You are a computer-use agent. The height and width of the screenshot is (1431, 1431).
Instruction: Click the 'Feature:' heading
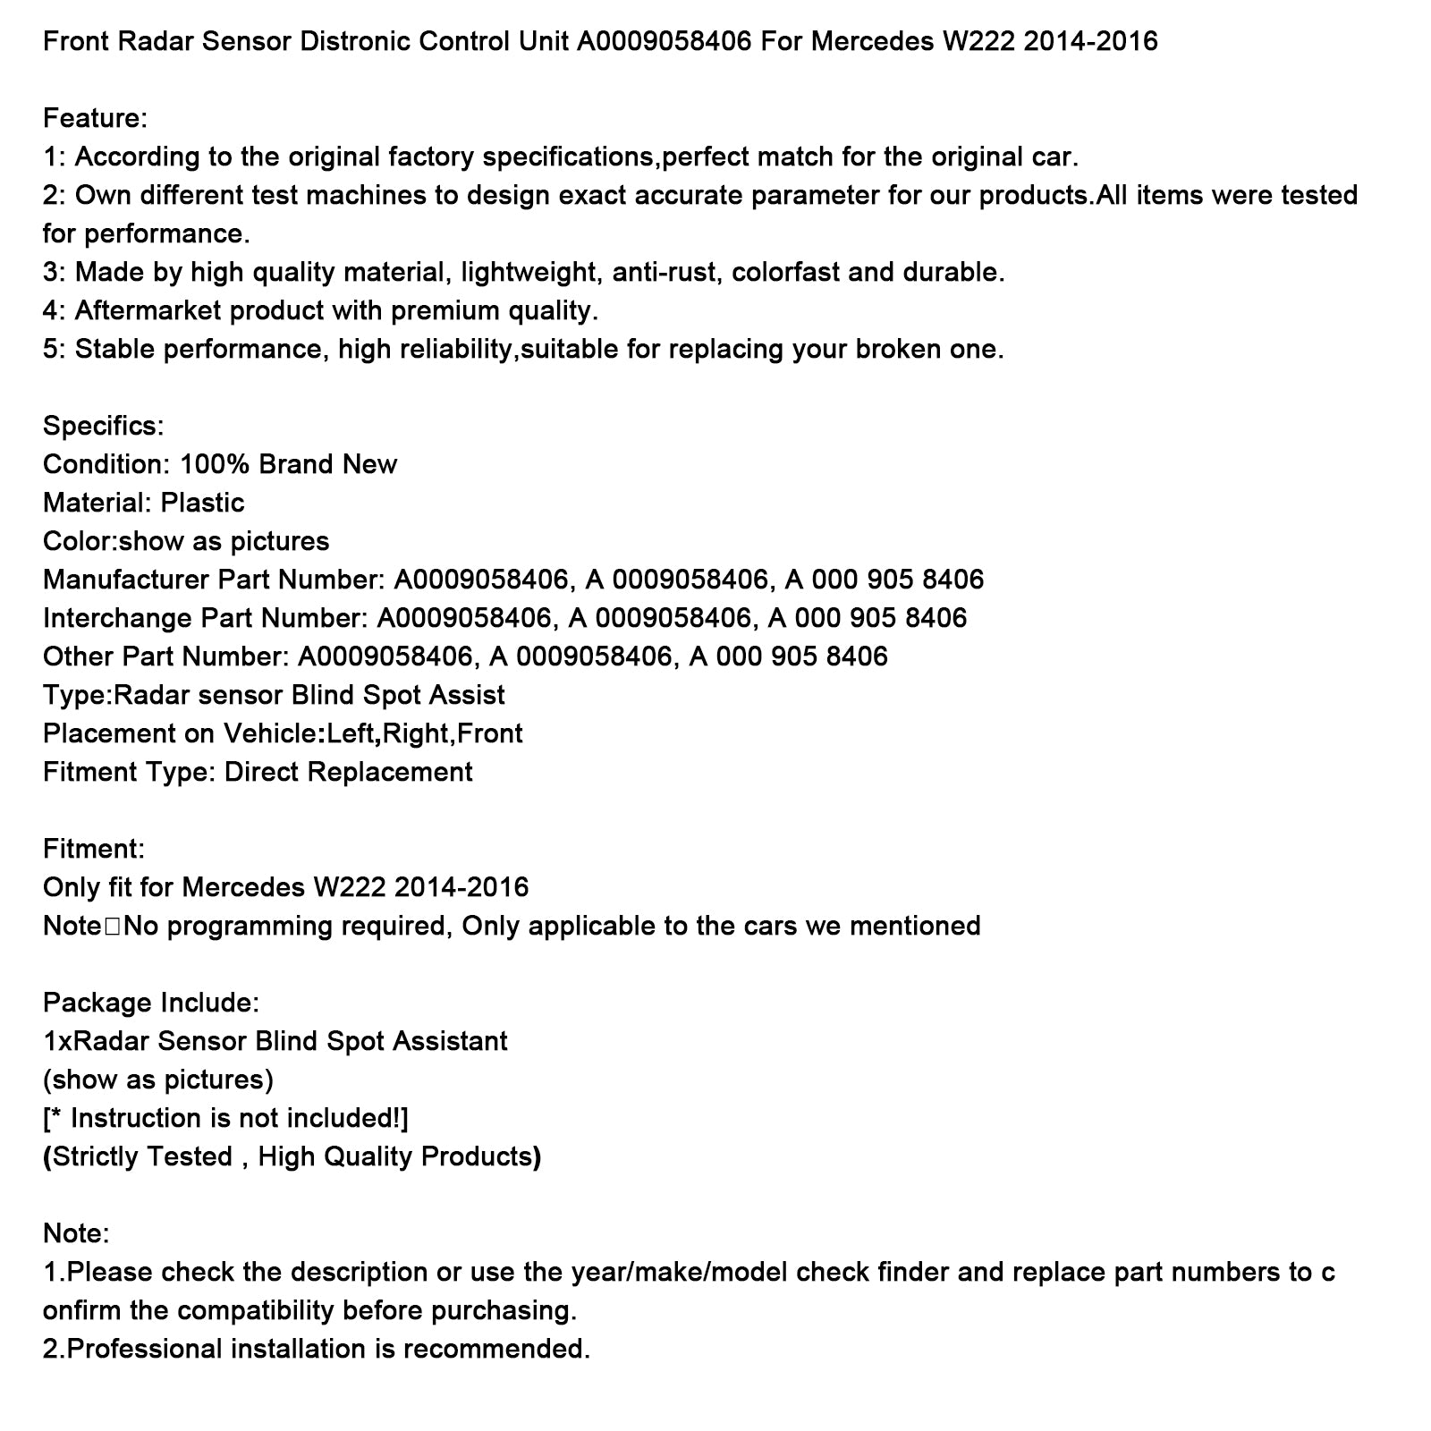[x=95, y=118]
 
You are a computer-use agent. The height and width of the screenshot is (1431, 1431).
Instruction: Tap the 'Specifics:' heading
[x=103, y=426]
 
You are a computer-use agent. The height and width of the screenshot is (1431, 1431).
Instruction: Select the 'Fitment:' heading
[x=93, y=848]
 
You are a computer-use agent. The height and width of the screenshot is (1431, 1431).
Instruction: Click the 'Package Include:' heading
[x=150, y=1003]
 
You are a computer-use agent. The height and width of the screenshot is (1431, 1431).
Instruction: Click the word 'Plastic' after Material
[x=202, y=503]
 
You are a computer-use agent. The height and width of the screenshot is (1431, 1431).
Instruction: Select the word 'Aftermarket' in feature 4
[x=148, y=310]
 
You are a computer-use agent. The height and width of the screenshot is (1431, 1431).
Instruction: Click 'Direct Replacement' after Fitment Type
[x=348, y=772]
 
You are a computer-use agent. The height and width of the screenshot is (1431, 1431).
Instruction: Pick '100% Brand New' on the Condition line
[x=288, y=464]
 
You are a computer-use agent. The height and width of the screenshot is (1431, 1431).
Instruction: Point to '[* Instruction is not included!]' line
[x=225, y=1118]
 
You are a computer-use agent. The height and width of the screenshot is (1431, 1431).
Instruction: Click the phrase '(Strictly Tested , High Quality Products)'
[x=292, y=1156]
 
